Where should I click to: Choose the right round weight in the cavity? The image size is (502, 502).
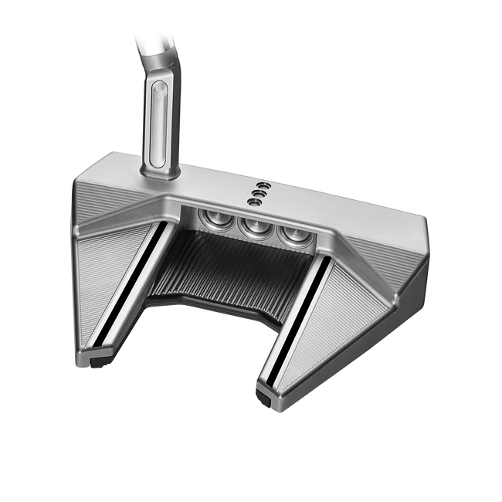pos(290,233)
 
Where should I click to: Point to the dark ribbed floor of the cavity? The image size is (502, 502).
pos(232,270)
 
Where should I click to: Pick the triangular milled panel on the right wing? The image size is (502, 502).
pos(340,324)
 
